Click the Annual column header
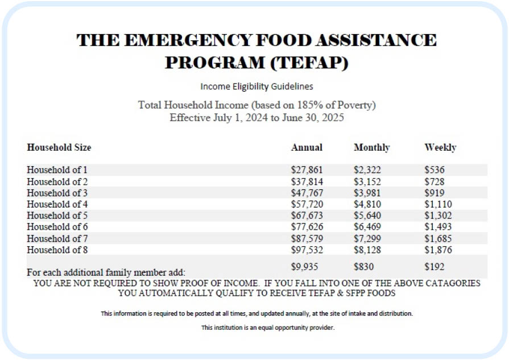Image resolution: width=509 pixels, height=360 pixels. [307, 147]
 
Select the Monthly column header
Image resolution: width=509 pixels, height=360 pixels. [371, 147]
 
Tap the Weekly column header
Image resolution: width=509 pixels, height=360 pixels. [440, 147]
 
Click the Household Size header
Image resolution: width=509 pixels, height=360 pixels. [59, 147]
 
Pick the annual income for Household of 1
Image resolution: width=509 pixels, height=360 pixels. [307, 169]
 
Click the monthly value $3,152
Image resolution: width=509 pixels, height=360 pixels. [367, 181]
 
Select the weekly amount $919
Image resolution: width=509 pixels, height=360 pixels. [434, 193]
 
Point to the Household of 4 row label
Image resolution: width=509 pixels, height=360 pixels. [57, 204]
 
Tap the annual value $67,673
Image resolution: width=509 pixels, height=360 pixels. [307, 216]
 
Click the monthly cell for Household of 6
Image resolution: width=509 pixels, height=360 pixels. [367, 227]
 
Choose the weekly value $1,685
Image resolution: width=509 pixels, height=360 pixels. [438, 238]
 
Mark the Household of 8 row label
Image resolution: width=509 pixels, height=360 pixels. [57, 250]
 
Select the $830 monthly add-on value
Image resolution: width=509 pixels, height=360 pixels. [364, 266]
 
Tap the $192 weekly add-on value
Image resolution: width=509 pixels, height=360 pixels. [434, 266]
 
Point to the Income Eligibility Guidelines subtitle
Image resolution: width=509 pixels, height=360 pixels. [256, 86]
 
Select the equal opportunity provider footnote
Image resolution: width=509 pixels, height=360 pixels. [268, 328]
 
